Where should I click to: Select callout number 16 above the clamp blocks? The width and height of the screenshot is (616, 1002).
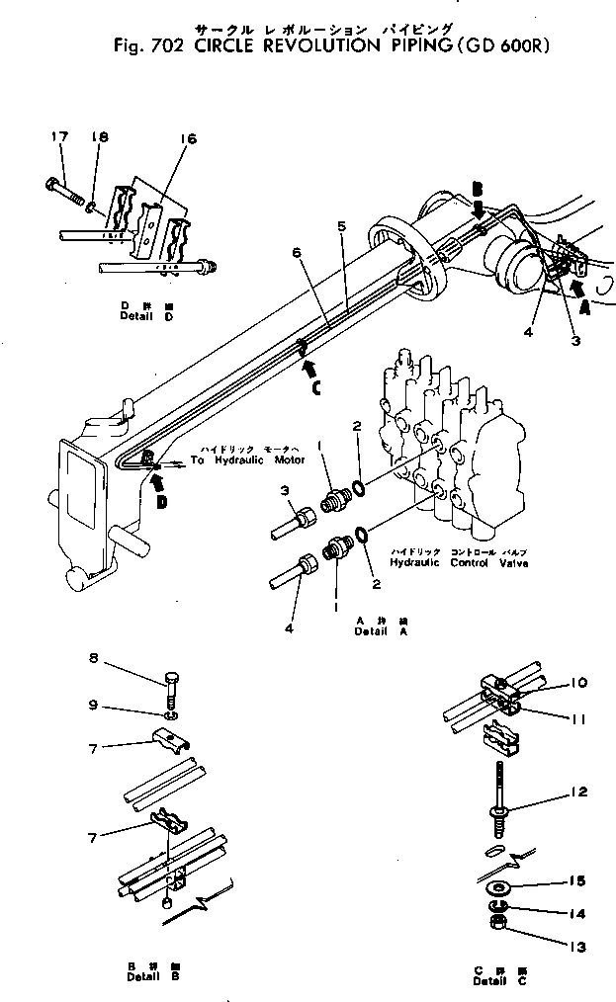(189, 140)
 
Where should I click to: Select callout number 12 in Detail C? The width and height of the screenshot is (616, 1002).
(579, 792)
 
